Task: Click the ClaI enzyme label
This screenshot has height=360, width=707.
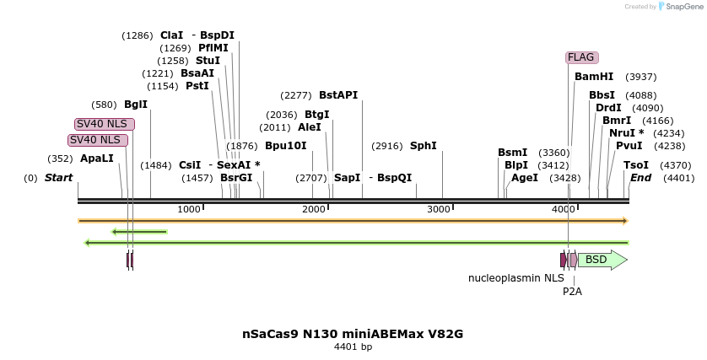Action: tap(171, 35)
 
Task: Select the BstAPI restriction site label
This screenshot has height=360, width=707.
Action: tap(338, 95)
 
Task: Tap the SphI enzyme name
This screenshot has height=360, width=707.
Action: tap(424, 146)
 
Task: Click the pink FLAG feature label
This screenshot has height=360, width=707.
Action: tap(581, 57)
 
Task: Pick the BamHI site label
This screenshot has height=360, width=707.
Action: tap(594, 77)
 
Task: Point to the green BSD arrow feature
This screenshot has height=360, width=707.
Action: tap(602, 260)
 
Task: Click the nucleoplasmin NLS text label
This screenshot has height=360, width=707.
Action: tap(516, 277)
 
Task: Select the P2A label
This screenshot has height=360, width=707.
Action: tap(572, 292)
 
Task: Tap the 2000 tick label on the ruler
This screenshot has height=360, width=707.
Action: tap(314, 209)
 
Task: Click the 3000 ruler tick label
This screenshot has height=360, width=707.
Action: tap(439, 209)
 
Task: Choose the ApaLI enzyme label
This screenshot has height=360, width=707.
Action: tap(97, 159)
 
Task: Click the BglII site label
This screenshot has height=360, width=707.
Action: tap(136, 105)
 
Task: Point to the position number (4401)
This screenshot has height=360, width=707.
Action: tap(678, 178)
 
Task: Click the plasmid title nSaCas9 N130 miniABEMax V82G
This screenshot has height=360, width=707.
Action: tap(353, 334)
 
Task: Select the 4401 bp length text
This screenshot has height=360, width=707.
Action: tap(353, 347)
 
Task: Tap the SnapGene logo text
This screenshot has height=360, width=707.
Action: tap(683, 7)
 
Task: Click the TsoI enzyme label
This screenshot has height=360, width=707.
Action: tap(636, 165)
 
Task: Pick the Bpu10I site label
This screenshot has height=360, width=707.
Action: tap(286, 146)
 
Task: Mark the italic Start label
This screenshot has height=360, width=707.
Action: tap(58, 178)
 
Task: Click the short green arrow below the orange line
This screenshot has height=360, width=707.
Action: tap(139, 232)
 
